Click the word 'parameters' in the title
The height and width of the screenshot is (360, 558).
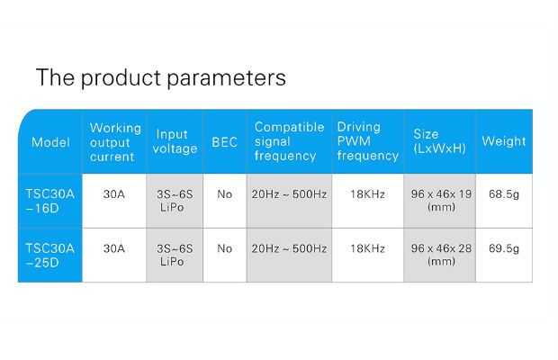tap(226, 78)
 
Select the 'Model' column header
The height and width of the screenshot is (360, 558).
tap(50, 142)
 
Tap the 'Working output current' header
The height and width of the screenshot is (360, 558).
tap(115, 142)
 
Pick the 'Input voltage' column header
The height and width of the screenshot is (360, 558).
tap(175, 141)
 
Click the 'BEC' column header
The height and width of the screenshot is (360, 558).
tap(225, 142)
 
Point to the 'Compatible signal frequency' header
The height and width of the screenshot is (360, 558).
tap(289, 141)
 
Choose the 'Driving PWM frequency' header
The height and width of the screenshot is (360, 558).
tap(367, 141)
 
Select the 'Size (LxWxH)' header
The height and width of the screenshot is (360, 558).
tap(439, 141)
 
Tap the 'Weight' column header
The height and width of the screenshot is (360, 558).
tap(504, 141)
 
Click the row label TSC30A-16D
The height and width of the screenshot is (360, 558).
tap(49, 201)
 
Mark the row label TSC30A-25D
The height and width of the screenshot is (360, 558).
tap(49, 256)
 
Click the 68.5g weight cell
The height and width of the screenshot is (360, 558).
tap(504, 194)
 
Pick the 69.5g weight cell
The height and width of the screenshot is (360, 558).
tap(504, 248)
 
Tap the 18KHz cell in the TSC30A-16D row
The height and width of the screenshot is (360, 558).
tap(367, 194)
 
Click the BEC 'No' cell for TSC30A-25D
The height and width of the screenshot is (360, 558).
tap(225, 248)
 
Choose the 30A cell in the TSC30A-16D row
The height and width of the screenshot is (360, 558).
tap(114, 194)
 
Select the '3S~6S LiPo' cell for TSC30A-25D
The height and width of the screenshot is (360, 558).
tap(175, 255)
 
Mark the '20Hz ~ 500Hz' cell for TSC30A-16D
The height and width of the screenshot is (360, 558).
tap(289, 194)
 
